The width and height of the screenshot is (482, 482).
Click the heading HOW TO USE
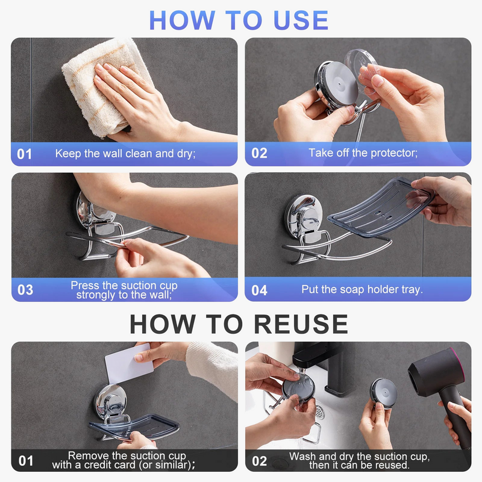coord(239,20)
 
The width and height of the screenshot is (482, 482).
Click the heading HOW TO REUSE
coord(239,324)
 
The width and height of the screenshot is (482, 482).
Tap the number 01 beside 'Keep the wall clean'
coord(24,154)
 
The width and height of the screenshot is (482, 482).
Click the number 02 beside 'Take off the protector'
coord(259,153)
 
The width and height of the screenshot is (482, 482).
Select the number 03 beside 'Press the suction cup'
coord(25,290)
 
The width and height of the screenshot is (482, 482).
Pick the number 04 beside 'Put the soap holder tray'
coord(259,290)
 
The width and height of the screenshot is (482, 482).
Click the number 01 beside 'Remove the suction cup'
coord(26,461)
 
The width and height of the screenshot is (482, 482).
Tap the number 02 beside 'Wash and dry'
coord(259,461)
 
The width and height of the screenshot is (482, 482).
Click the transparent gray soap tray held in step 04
coord(381,207)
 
